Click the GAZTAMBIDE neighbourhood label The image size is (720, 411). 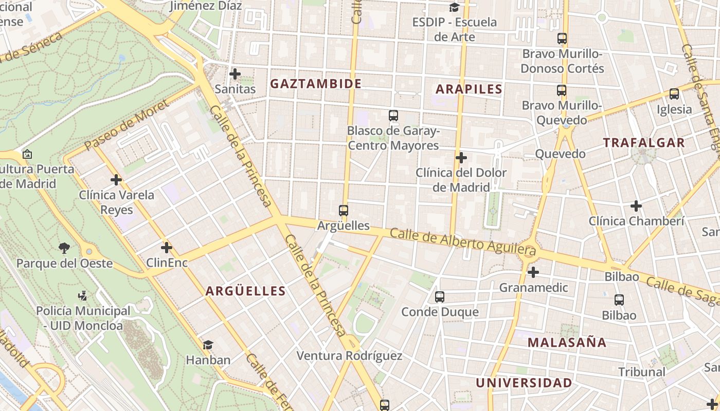click(316, 84)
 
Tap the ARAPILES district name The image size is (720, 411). click(469, 89)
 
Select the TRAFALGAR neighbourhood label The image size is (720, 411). click(644, 143)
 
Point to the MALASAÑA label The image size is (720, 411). click(567, 342)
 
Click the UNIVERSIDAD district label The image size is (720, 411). click(524, 383)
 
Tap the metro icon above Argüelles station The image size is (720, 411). click(344, 210)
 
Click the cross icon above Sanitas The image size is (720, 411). click(235, 74)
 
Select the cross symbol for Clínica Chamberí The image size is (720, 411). click(636, 206)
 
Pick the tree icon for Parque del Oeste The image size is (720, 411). click(64, 249)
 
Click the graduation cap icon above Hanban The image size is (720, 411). click(208, 345)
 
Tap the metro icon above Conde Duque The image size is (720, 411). click(440, 296)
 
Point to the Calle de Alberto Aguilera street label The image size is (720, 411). click(463, 242)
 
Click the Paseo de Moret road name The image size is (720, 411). click(126, 125)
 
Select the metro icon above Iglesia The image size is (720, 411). click(674, 94)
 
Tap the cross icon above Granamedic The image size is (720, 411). click(533, 272)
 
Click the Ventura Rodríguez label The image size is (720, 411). click(349, 356)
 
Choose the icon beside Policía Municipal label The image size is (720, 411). click(82, 296)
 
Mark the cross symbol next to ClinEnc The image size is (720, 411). click(166, 248)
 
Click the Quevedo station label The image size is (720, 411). click(560, 154)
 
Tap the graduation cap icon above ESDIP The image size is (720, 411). click(454, 7)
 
